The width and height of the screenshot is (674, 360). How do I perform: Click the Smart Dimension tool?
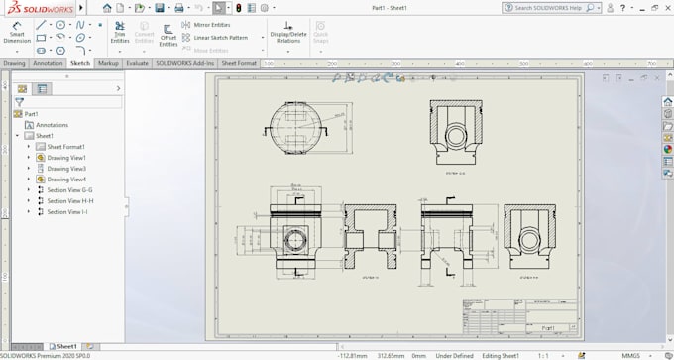tap(17, 32)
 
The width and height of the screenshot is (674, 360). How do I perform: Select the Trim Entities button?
tap(119, 33)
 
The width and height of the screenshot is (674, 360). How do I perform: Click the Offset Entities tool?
tap(168, 34)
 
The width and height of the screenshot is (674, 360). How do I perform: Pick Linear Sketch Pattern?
tap(220, 37)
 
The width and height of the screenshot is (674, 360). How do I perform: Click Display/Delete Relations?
tap(287, 34)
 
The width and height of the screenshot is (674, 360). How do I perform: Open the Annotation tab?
tap(48, 62)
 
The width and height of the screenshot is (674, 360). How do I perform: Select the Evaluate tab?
tap(137, 62)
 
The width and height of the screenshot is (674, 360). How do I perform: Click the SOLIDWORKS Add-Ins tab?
tap(184, 62)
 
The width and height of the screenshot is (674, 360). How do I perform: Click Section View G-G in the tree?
tap(69, 189)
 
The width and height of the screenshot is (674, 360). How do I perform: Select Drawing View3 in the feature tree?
tap(66, 168)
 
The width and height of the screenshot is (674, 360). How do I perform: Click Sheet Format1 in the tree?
tap(66, 146)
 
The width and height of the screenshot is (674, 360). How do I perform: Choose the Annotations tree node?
tap(52, 125)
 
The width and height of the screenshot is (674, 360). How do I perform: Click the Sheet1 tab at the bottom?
tap(65, 347)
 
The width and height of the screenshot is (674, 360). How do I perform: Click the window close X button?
tap(663, 7)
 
